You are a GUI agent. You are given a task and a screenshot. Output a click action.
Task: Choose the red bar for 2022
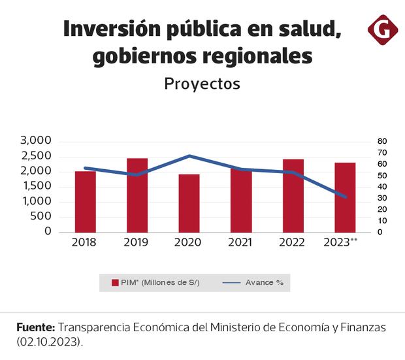click(x=293, y=195)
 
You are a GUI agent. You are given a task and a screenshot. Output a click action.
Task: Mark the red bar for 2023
click(x=345, y=197)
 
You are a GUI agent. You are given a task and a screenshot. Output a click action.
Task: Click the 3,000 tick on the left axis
click(x=36, y=140)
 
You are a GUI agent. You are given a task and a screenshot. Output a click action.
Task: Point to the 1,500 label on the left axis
click(x=36, y=186)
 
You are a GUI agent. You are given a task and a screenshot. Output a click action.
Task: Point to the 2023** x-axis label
click(x=341, y=242)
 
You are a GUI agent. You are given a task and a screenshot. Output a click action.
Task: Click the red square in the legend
click(x=114, y=282)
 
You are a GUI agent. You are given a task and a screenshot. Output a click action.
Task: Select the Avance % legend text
click(x=264, y=282)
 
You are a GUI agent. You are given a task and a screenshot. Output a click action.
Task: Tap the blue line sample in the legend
click(x=232, y=283)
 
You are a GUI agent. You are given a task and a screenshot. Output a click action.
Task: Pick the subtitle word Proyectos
click(x=202, y=84)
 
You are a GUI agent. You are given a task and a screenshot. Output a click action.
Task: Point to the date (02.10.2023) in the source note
click(x=50, y=342)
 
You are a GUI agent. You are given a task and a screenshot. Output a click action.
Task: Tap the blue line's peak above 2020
click(x=189, y=155)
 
